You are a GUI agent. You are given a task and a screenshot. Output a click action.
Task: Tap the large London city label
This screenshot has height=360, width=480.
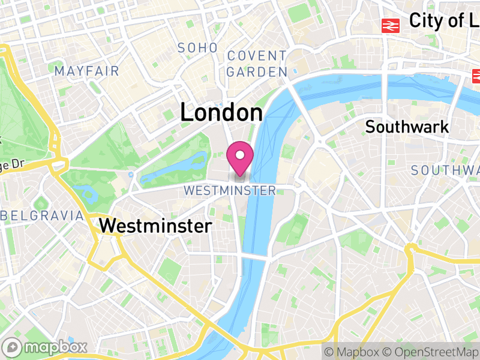pyautogui.click(x=221, y=113)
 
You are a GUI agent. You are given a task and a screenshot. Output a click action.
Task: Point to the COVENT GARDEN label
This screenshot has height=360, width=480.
pyautogui.click(x=257, y=64)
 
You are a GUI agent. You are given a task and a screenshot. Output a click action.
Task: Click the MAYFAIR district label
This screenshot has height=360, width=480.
pyautogui.click(x=87, y=71)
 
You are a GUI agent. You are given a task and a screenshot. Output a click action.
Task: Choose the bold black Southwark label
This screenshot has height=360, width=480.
pyautogui.click(x=407, y=127)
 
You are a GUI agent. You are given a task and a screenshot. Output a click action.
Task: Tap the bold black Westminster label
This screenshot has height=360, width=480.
pyautogui.click(x=155, y=226)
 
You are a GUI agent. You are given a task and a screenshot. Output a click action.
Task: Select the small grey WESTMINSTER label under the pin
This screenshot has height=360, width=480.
pyautogui.click(x=230, y=191)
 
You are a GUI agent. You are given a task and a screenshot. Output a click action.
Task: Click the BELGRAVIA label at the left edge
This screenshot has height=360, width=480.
pyautogui.click(x=41, y=215)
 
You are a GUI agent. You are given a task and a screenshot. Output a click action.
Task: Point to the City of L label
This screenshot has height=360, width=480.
pyautogui.click(x=444, y=21)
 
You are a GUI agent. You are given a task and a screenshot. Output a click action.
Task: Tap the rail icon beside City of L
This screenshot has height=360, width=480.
pyautogui.click(x=391, y=25)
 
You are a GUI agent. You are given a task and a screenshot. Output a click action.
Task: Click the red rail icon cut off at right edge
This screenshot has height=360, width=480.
pyautogui.click(x=476, y=76)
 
